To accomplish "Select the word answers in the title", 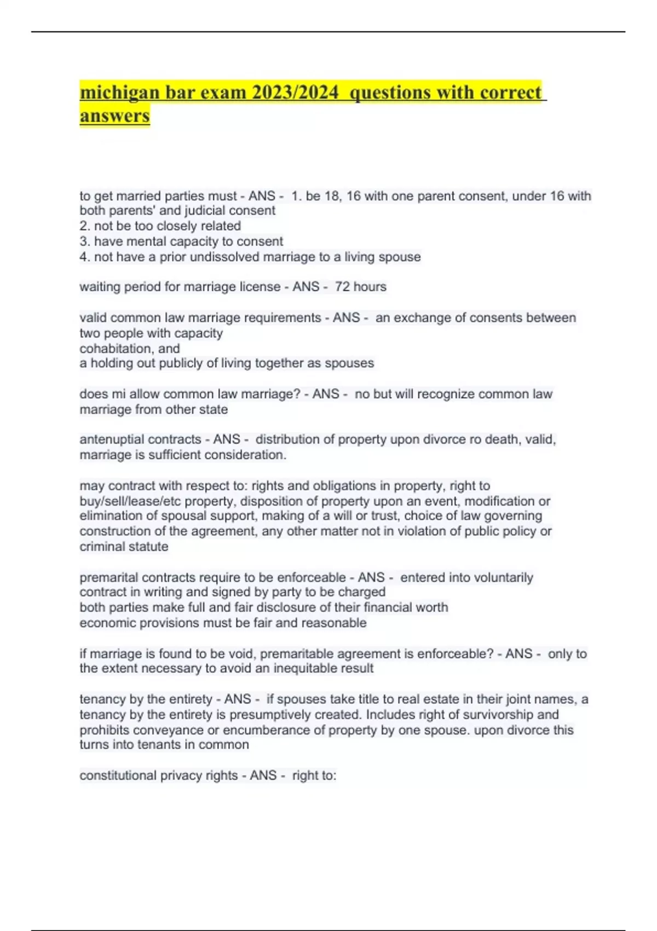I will point(114,116).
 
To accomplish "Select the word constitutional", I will point(118,775).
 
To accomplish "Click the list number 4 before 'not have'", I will point(84,257).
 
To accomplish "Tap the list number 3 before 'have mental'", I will point(84,242).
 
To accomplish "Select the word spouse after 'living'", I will point(401,257).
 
